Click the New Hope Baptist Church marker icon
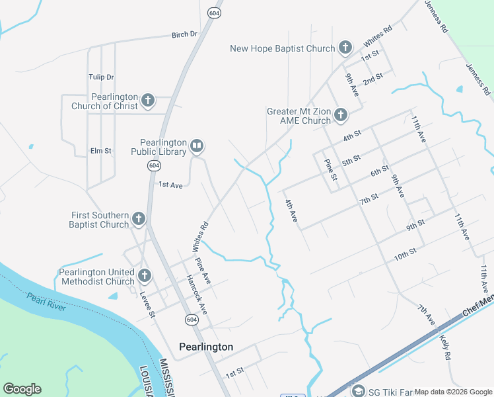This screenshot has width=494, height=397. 345,48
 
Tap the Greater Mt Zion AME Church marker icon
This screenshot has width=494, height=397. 341,115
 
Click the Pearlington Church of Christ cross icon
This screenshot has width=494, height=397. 148,101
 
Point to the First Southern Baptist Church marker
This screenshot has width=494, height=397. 139,218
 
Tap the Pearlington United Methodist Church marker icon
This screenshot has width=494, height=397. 145,275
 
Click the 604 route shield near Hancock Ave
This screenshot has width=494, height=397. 191,320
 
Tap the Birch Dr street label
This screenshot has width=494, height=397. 184,34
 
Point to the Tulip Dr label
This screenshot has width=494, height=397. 101,77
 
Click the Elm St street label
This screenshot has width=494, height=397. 101,152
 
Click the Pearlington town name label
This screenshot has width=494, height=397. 206,347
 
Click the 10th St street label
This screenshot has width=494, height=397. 405,254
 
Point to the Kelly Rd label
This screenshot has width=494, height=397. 445,345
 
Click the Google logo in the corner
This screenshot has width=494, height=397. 22,389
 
